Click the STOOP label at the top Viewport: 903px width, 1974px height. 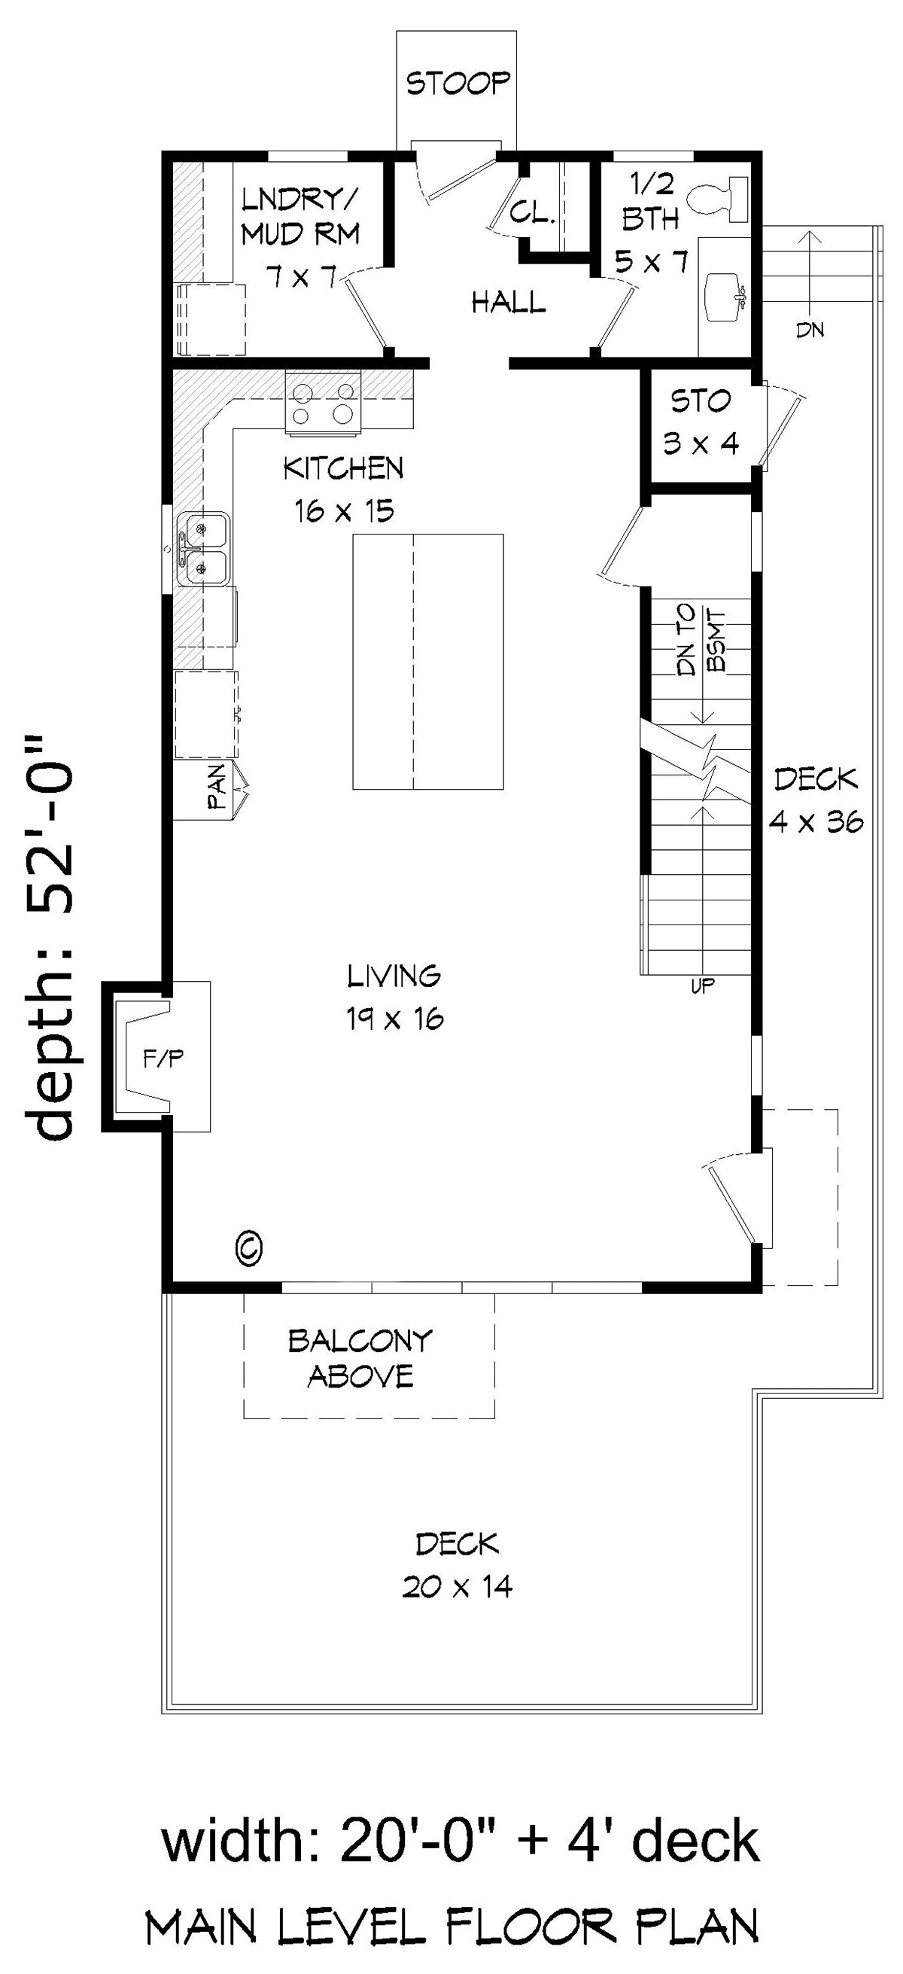458,83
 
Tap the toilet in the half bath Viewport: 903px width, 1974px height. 718,198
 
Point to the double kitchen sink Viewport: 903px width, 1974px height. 203,550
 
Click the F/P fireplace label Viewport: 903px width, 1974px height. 163,1059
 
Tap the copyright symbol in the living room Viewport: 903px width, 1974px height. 249,1247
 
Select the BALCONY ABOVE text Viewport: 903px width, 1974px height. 360,1360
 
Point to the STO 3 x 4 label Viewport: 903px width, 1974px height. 701,422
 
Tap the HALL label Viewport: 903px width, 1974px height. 509,303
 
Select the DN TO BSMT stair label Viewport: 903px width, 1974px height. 700,640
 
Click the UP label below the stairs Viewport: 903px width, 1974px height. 702,986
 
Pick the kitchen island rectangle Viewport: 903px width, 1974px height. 427,662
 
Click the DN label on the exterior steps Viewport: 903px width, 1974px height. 810,331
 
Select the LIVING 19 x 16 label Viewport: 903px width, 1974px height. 395,997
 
